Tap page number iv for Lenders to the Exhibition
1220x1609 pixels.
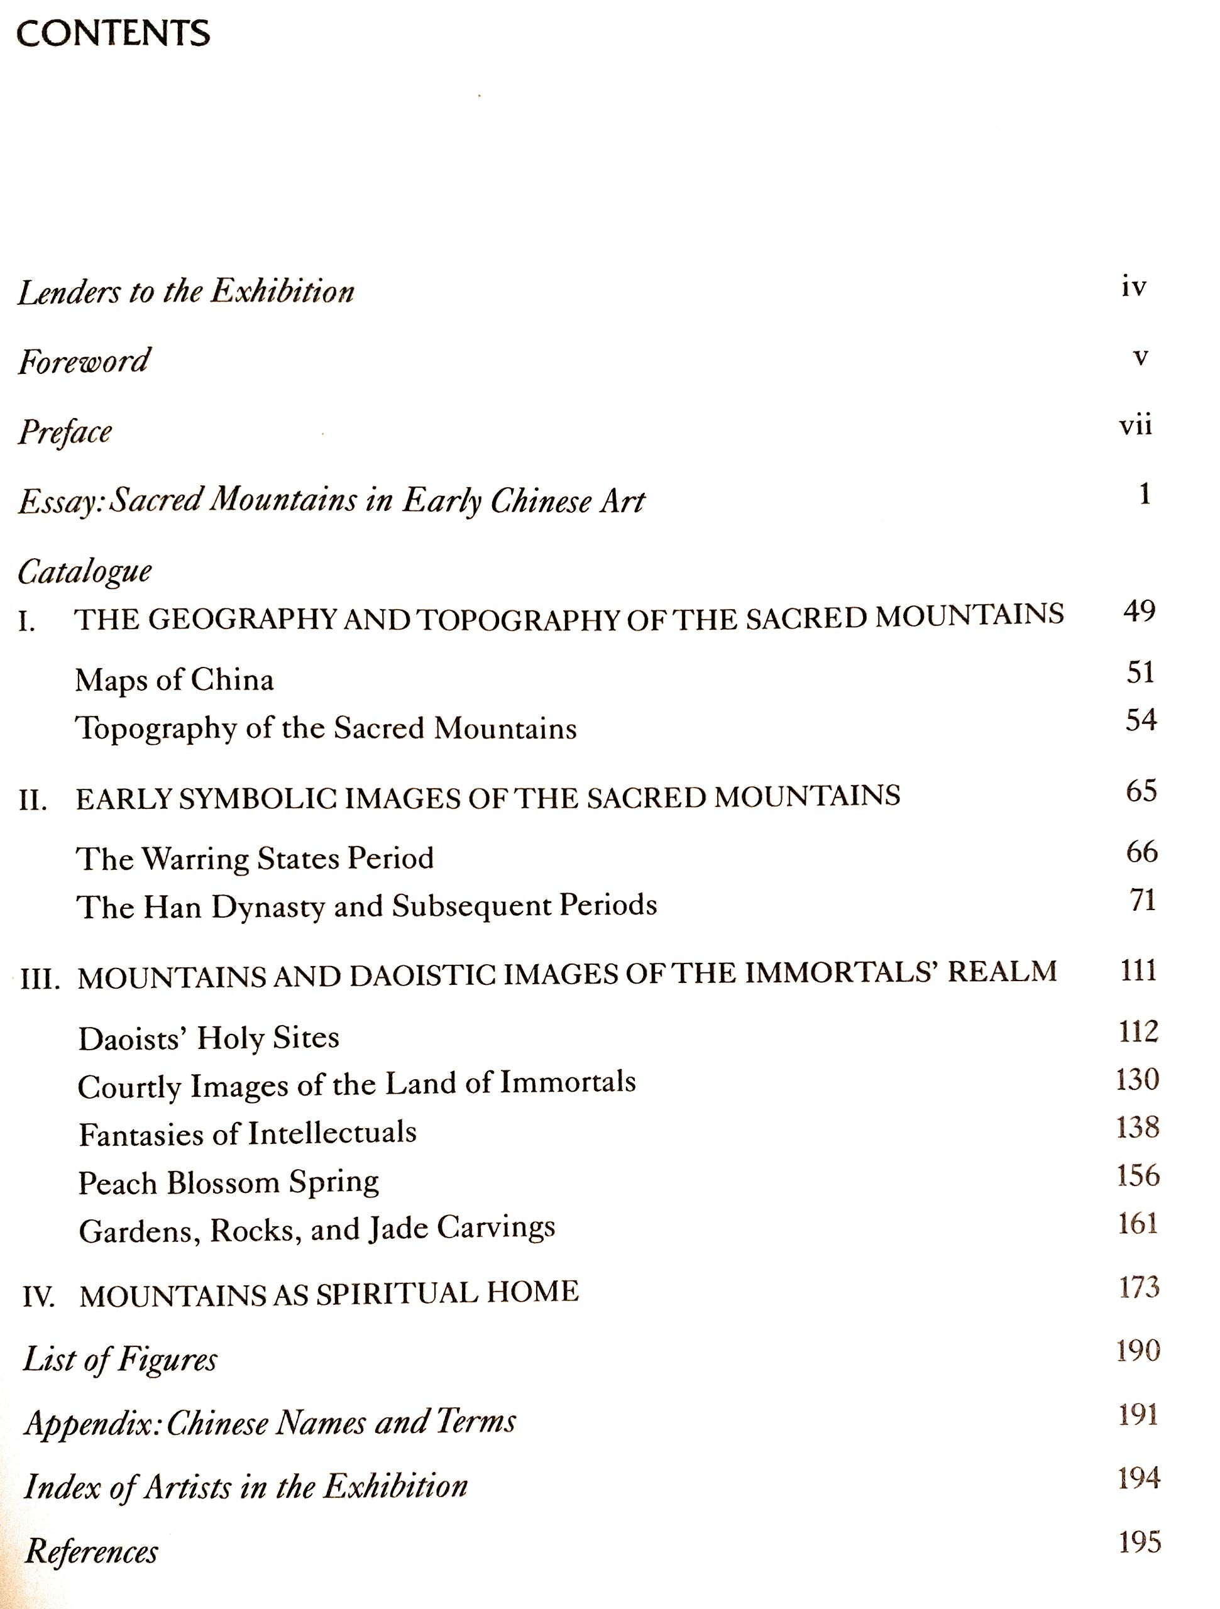(x=1133, y=287)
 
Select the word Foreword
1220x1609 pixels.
(x=84, y=361)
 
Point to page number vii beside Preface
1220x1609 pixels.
(x=1135, y=426)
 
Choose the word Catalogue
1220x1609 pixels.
(x=84, y=572)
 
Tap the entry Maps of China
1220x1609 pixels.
(x=175, y=680)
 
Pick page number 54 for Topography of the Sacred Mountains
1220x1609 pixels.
(x=1141, y=720)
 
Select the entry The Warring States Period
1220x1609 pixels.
(x=255, y=859)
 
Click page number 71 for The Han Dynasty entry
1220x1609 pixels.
(x=1142, y=901)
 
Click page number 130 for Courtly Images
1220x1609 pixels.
(x=1137, y=1079)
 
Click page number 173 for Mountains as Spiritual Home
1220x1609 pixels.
(x=1138, y=1287)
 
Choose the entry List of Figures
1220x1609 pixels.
(x=120, y=1359)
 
